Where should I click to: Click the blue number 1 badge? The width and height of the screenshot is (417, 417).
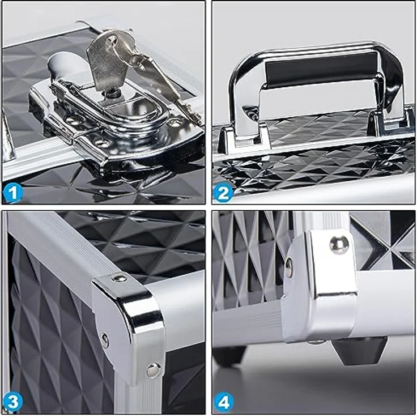[13, 193]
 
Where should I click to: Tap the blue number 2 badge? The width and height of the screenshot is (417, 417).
[223, 193]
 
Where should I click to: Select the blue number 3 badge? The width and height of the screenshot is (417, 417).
[13, 402]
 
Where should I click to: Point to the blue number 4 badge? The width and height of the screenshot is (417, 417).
[223, 402]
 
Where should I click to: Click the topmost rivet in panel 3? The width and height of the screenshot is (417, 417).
[119, 278]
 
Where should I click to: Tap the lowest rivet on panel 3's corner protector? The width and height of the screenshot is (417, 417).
[154, 369]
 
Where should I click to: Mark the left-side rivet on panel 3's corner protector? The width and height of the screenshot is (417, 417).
[105, 341]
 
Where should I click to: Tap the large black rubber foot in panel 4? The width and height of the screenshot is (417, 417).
[359, 351]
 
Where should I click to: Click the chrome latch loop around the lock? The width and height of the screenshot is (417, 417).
[112, 107]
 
